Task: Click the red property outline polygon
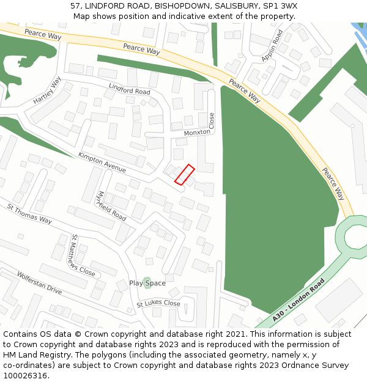[185, 174]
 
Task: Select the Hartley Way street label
[48, 90]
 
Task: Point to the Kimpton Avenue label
[102, 163]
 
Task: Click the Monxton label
[196, 132]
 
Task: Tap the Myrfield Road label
[111, 206]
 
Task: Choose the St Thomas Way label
[29, 213]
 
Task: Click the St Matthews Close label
[83, 255]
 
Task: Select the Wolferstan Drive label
[39, 283]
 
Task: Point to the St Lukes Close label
[158, 303]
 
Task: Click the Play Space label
[147, 283]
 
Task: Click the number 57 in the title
[75, 6]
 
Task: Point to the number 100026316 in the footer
[25, 375]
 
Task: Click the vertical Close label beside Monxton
[212, 120]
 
